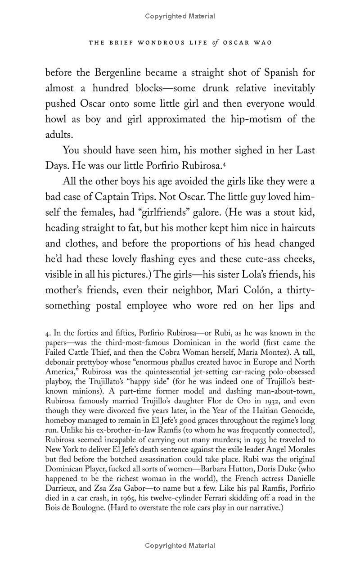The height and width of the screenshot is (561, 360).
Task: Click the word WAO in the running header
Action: (262, 43)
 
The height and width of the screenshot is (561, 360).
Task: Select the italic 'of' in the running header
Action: (215, 43)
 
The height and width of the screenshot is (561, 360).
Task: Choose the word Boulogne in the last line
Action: (86, 508)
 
